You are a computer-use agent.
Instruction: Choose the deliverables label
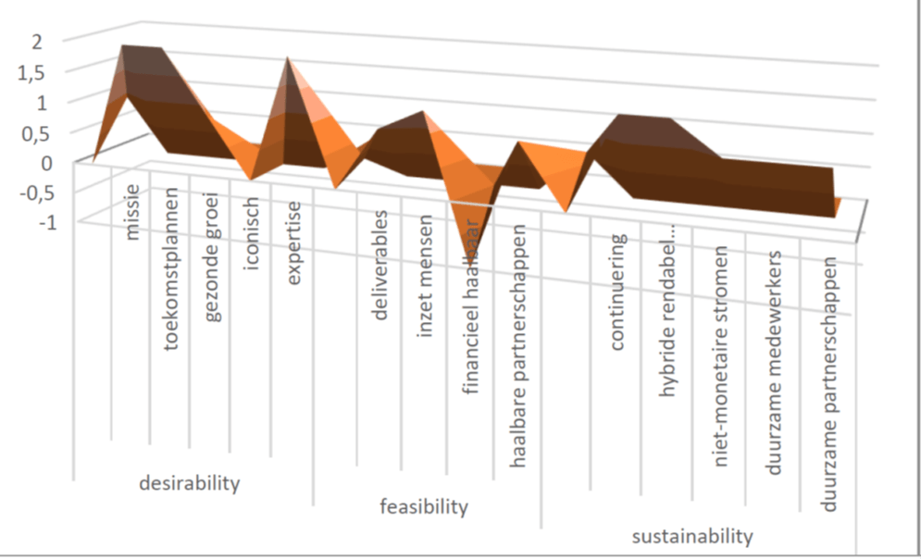point(380,265)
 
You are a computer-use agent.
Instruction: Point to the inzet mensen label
point(425,276)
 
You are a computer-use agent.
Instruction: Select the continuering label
point(617,292)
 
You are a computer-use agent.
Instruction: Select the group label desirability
point(188,483)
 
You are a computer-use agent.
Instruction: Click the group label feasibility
point(424,506)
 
